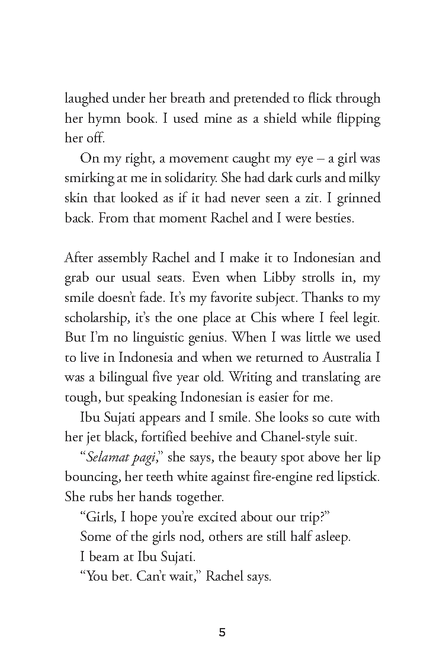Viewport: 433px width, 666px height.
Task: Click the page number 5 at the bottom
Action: pos(222,632)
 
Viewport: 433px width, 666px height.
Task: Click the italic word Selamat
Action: pos(107,458)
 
